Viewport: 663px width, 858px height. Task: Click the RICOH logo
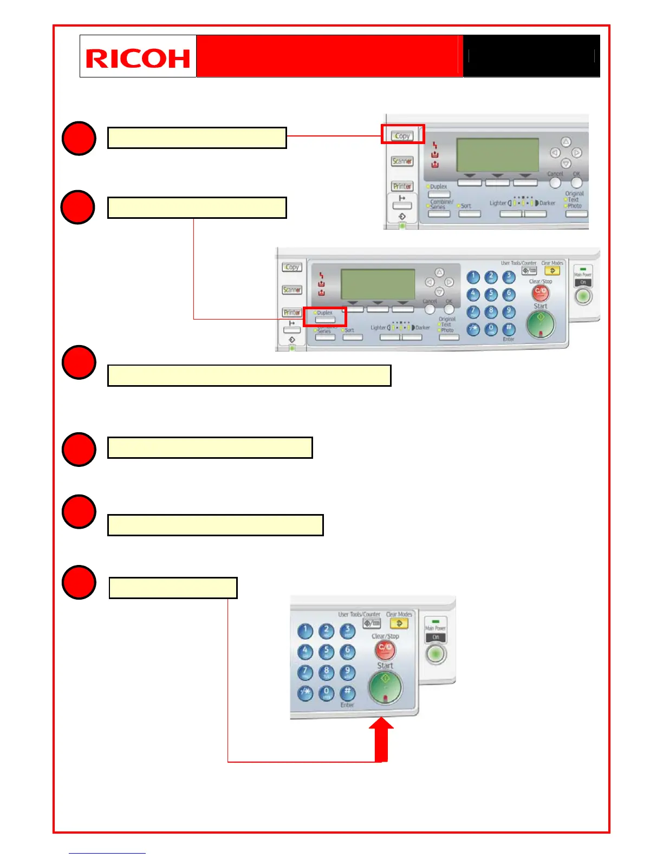point(138,57)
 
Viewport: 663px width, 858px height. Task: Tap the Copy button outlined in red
point(402,135)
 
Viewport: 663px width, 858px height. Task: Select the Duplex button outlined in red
point(325,317)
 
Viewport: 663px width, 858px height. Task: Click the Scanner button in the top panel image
point(402,161)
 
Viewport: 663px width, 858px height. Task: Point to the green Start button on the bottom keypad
point(385,686)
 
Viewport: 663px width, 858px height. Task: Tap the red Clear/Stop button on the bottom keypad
point(385,648)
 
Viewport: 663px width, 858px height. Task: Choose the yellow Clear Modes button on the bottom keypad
point(400,623)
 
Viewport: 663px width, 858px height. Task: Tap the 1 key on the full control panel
point(473,277)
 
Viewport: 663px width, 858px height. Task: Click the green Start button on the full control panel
point(540,324)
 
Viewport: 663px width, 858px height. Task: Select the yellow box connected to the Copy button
point(197,138)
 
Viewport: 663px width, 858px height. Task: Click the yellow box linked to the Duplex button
point(197,207)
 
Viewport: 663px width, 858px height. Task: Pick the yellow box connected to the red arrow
point(173,588)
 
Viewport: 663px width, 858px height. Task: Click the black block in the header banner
point(531,56)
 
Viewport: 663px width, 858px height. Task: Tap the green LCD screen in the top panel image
point(497,155)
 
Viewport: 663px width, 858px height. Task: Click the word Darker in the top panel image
point(547,203)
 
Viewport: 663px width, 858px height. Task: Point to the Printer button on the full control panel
point(292,313)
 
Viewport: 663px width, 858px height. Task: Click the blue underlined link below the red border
point(107,853)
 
